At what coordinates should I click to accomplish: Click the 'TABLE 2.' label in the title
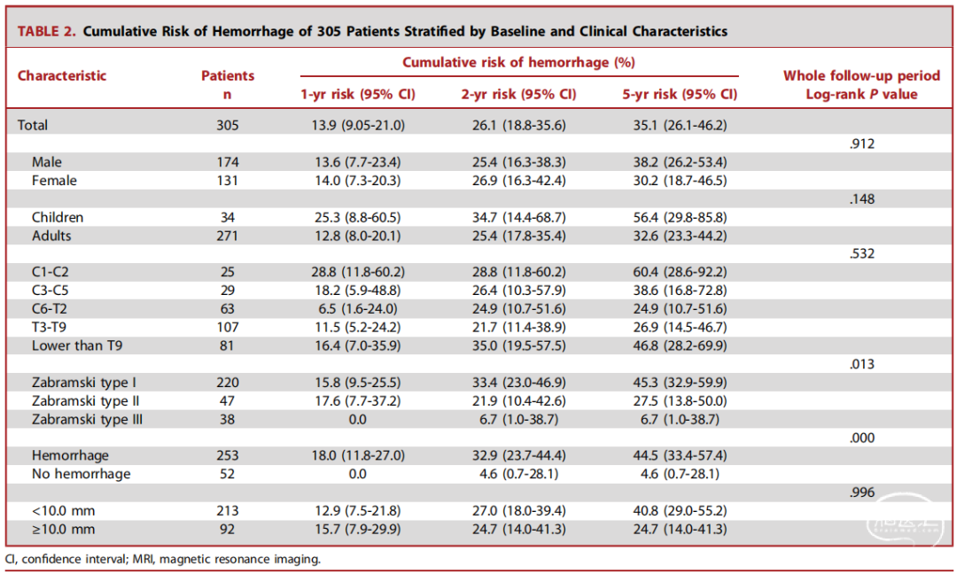pyautogui.click(x=46, y=31)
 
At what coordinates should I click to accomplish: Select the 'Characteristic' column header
pyautogui.click(x=62, y=75)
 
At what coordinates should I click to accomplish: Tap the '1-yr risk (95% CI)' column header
pyautogui.click(x=358, y=95)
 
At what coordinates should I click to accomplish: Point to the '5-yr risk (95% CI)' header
pyautogui.click(x=680, y=95)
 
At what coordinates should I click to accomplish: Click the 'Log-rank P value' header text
pyautogui.click(x=862, y=95)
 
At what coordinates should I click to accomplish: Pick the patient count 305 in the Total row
pyautogui.click(x=227, y=126)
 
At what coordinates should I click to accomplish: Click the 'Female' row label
pyautogui.click(x=54, y=181)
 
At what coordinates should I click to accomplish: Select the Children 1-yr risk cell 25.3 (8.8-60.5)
pyautogui.click(x=358, y=218)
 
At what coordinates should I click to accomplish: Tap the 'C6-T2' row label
pyautogui.click(x=50, y=309)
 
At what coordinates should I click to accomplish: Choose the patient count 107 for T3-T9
pyautogui.click(x=227, y=328)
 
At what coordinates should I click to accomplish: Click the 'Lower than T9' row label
pyautogui.click(x=77, y=345)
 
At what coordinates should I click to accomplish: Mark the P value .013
pyautogui.click(x=862, y=364)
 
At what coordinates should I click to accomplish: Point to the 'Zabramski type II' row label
pyautogui.click(x=85, y=401)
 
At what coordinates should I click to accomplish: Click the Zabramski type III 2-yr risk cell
pyautogui.click(x=518, y=420)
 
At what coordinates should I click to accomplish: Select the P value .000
pyautogui.click(x=862, y=438)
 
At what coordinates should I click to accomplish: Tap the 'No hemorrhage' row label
pyautogui.click(x=82, y=474)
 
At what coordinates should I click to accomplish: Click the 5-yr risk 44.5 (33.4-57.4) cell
pyautogui.click(x=680, y=455)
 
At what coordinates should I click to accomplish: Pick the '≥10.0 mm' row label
pyautogui.click(x=64, y=530)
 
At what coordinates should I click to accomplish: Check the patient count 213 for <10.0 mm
pyautogui.click(x=227, y=511)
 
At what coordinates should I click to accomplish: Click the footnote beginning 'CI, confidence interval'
pyautogui.click(x=162, y=559)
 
